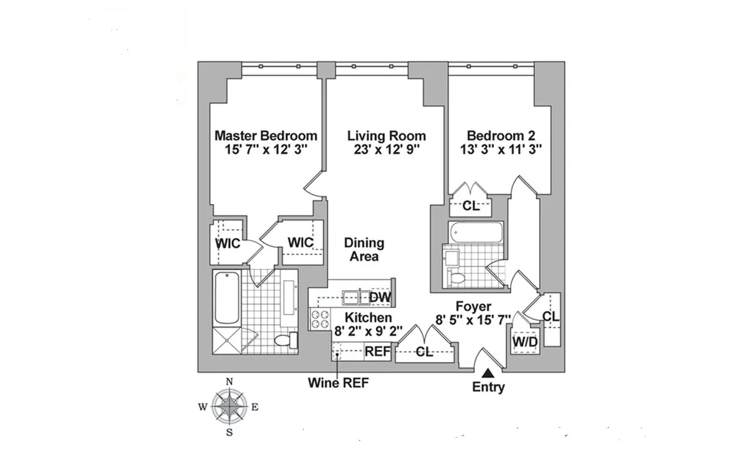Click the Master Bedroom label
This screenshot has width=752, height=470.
(266, 136)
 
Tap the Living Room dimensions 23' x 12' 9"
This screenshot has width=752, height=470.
(387, 150)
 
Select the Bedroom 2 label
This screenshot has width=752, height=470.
(500, 136)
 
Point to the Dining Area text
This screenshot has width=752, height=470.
(363, 249)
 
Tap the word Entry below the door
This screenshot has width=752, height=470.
(488, 387)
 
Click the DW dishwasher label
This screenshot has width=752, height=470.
(379, 297)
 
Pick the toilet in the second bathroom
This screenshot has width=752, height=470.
(457, 278)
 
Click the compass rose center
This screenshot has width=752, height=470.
(229, 406)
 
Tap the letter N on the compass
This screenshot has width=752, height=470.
(229, 382)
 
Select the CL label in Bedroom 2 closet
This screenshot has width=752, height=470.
(471, 206)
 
